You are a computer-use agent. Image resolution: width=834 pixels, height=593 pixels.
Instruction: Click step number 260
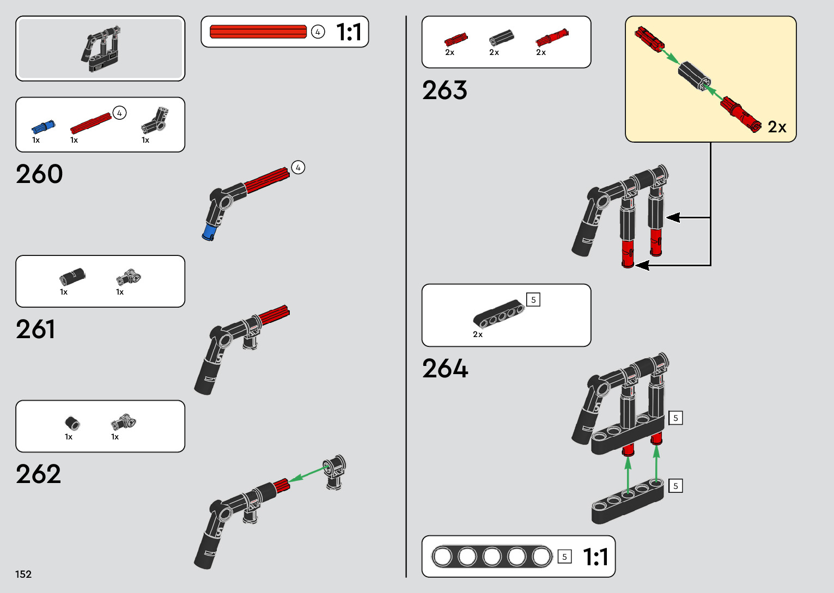coord(39,174)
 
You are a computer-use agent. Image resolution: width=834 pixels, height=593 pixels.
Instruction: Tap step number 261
coord(35,329)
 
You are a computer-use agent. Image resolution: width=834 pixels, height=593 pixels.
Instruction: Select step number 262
coord(38,474)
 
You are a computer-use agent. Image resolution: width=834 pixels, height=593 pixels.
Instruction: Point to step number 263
coord(445,90)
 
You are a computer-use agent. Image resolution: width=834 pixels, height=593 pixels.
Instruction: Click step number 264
coord(445,369)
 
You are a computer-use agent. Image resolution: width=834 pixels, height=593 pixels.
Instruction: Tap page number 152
coord(23,574)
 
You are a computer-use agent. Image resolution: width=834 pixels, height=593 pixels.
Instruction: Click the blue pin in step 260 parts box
coord(42,127)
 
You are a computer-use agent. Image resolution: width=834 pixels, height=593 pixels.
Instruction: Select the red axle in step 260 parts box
coord(90,124)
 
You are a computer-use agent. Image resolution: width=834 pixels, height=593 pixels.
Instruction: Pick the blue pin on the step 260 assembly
coord(209,232)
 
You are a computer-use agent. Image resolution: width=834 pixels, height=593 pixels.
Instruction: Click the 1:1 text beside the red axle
coord(349,32)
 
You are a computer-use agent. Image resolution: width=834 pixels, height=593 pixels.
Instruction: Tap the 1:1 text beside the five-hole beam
coord(595,557)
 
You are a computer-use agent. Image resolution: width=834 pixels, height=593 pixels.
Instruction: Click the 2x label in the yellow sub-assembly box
coord(777,127)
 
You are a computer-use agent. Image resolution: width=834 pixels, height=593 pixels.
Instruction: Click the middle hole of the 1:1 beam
coord(492,557)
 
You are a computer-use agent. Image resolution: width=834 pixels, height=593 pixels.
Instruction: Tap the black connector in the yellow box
coord(694,75)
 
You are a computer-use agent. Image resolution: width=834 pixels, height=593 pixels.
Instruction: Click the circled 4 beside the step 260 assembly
coord(298,168)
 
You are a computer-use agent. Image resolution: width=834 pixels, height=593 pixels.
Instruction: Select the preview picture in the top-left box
coord(101,48)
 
